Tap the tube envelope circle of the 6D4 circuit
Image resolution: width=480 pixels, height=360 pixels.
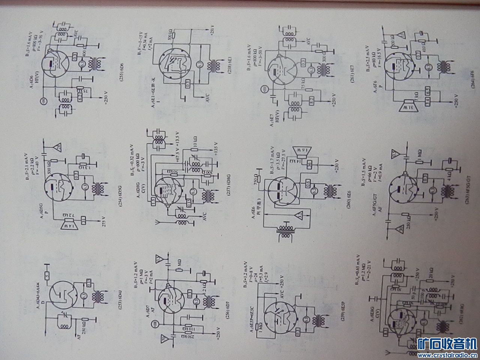point(64,295)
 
